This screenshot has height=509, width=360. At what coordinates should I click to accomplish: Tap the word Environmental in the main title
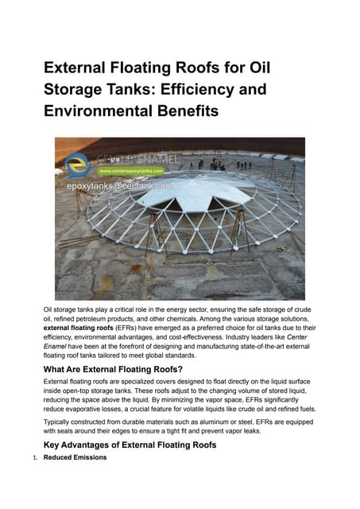(99, 111)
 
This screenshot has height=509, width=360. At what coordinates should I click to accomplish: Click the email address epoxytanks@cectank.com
(119, 185)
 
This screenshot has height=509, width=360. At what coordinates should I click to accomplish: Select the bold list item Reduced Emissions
(77, 458)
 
